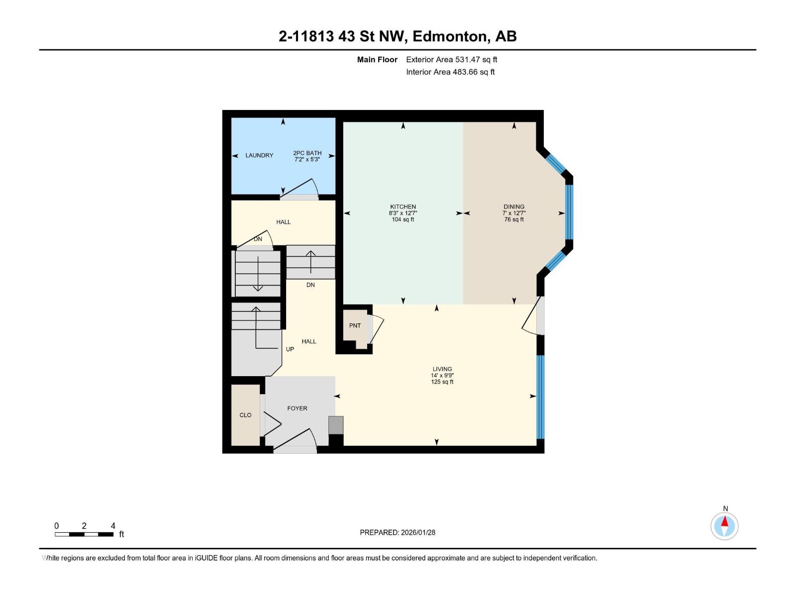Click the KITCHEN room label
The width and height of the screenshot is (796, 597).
tap(402, 206)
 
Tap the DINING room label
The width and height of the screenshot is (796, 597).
tap(513, 206)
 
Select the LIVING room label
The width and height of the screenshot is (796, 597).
tap(442, 369)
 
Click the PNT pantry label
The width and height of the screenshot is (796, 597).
tap(355, 326)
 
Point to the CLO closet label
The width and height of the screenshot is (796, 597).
tap(245, 415)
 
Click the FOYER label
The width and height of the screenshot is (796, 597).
tap(297, 408)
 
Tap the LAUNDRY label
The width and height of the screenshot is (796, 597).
tap(259, 155)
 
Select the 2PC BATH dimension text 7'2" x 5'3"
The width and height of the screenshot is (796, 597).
tap(307, 160)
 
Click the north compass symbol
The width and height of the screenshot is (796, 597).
tap(724, 526)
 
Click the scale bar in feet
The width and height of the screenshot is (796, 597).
tap(84, 534)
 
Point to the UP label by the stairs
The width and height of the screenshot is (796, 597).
tap(290, 349)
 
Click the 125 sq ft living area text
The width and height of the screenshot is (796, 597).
tap(442, 382)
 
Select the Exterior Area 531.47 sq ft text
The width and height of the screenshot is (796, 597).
tap(451, 59)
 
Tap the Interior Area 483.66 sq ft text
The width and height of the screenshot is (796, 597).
tap(450, 72)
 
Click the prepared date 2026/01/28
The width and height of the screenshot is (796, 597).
tap(417, 532)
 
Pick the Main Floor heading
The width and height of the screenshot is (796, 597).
tap(377, 59)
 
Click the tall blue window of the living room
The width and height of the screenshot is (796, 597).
tap(541, 397)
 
